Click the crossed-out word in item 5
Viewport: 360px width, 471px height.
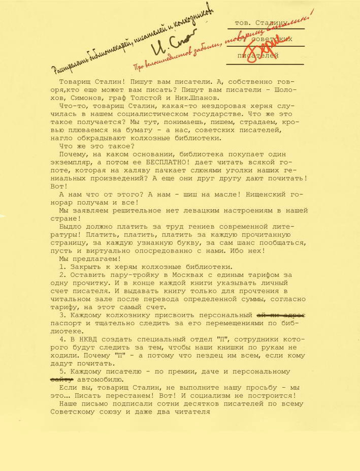(61, 380)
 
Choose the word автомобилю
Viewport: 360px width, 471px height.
(100, 380)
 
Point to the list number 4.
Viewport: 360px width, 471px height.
(61, 339)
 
